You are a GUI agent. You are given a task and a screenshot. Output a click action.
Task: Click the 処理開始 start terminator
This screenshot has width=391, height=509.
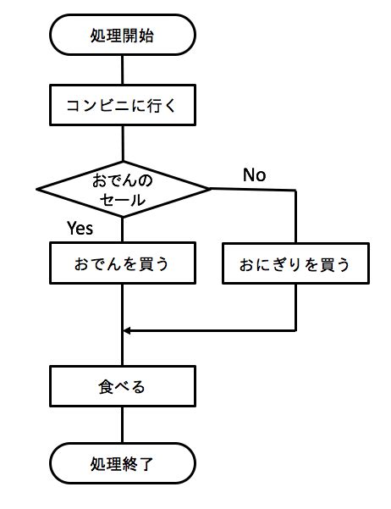coord(123,36)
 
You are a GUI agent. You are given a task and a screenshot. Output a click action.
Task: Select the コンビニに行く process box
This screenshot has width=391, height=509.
coord(123,108)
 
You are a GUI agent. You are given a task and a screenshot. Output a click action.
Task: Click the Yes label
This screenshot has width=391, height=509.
coord(80,228)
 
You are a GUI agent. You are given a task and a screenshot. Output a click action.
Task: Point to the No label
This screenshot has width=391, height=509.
coord(254,175)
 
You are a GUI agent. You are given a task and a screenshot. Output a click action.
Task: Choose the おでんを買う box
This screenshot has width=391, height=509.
coord(123,263)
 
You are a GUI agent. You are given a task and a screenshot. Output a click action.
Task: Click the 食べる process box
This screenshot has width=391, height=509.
coord(123,388)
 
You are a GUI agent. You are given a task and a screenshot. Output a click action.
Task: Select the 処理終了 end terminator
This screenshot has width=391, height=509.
coord(123,463)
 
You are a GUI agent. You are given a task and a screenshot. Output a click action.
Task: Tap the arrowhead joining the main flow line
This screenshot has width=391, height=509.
coord(129,330)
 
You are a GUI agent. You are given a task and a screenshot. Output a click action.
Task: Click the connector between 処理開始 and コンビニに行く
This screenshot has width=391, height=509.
coord(123,69)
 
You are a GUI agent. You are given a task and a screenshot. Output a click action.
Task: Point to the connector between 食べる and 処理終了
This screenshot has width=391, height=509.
coord(123,426)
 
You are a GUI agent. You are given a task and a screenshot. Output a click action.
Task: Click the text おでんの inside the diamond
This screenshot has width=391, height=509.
coord(123,180)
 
